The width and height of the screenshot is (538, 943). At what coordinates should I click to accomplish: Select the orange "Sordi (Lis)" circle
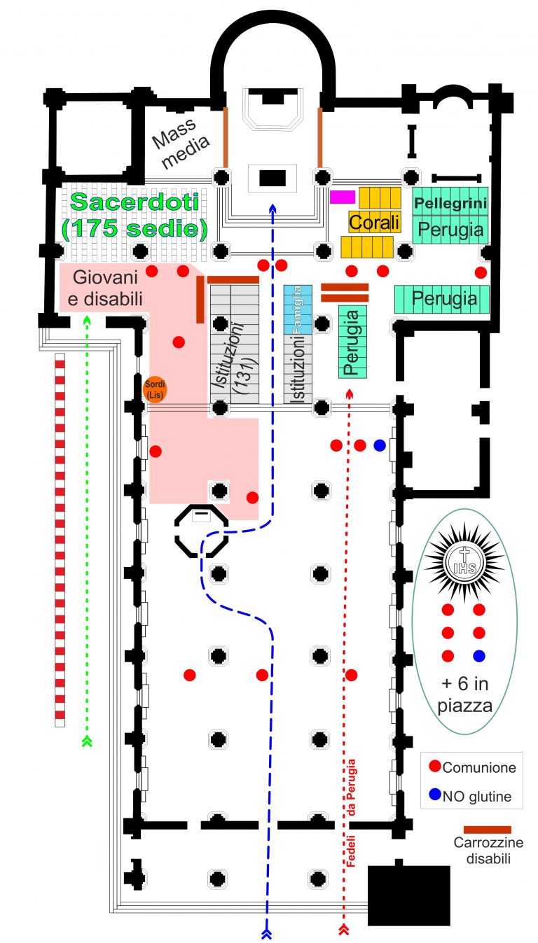pyautogui.click(x=154, y=389)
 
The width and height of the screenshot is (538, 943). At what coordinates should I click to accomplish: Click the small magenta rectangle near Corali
pyautogui.click(x=343, y=197)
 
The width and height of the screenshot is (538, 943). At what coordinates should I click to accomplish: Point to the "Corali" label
pyautogui.click(x=374, y=223)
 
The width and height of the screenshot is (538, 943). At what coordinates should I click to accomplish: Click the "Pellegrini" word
pyautogui.click(x=450, y=204)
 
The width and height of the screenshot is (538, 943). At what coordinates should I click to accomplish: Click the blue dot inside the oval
pyautogui.click(x=479, y=656)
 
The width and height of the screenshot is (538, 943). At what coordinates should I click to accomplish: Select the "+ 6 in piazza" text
pyautogui.click(x=464, y=696)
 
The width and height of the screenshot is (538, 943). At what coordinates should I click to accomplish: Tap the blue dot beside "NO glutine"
pyautogui.click(x=435, y=795)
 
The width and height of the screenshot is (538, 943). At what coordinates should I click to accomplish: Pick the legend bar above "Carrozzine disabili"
pyautogui.click(x=488, y=829)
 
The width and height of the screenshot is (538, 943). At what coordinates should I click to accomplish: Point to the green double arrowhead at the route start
pyautogui.click(x=88, y=740)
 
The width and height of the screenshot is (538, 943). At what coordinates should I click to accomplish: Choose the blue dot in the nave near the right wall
pyautogui.click(x=380, y=445)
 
